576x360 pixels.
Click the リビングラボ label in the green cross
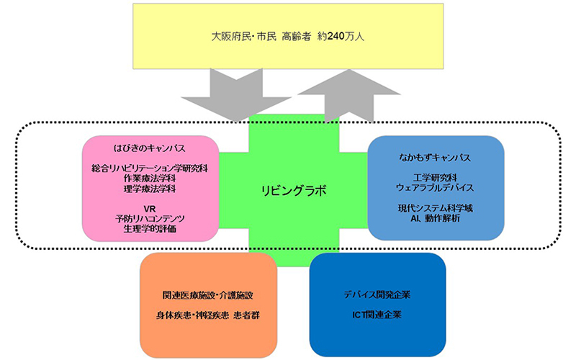click(x=293, y=191)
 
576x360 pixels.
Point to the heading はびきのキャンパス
click(x=150, y=148)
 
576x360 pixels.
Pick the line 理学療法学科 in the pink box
click(x=150, y=189)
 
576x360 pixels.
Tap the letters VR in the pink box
click(x=150, y=209)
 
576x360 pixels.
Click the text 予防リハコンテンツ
click(x=150, y=219)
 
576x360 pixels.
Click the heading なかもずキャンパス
click(x=434, y=154)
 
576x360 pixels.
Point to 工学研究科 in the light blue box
click(x=434, y=175)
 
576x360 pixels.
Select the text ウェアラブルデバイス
click(x=434, y=186)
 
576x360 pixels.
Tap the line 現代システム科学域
click(x=434, y=207)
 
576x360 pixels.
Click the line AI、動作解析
click(x=434, y=217)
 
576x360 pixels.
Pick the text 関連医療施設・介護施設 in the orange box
click(x=208, y=296)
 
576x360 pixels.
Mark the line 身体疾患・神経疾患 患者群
click(x=208, y=315)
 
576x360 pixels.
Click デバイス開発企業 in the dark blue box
click(x=377, y=295)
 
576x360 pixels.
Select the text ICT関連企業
click(x=377, y=315)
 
